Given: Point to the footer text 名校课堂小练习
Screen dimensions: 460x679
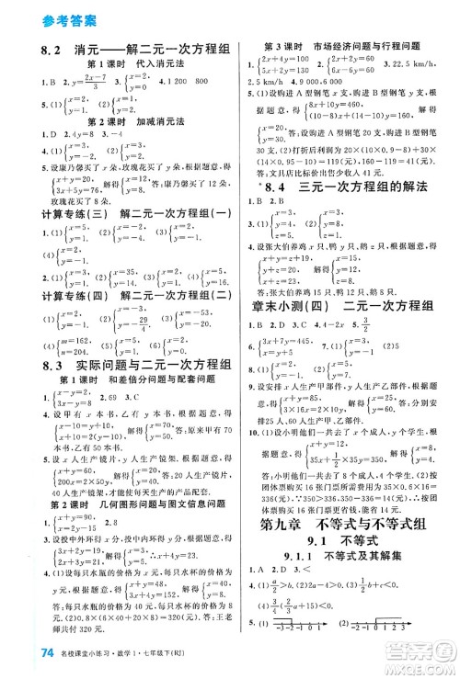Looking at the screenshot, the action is point(78,655).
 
